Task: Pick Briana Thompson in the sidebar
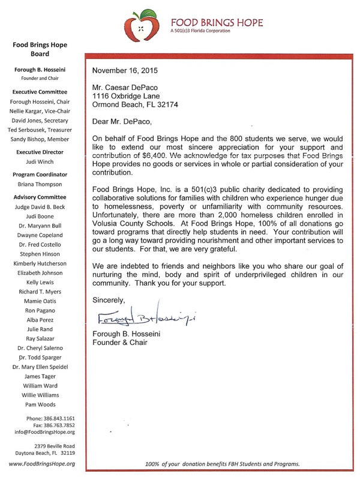pos(41,185)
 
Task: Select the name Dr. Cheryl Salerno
pos(41,347)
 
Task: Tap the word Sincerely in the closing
pos(109,299)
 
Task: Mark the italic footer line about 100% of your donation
pos(222,464)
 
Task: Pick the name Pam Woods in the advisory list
pos(41,404)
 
